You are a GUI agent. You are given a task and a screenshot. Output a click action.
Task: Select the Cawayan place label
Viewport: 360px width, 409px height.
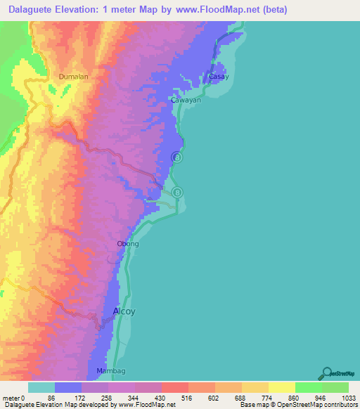pos(186,100)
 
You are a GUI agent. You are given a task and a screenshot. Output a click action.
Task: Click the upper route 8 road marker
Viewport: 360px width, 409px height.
pos(177,158)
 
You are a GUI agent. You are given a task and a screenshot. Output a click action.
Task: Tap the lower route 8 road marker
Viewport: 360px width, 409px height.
pos(177,192)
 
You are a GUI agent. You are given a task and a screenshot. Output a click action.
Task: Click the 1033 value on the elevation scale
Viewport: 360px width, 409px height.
pos(340,397)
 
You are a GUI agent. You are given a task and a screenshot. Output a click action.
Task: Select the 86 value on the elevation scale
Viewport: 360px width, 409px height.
pos(51,397)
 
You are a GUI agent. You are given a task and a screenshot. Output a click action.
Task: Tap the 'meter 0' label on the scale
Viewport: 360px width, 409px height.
pos(14,397)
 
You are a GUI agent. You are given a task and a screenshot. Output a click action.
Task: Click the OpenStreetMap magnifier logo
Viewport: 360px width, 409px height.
pos(327,372)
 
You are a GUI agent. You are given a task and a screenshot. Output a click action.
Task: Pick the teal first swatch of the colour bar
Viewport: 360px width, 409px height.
pos(41,387)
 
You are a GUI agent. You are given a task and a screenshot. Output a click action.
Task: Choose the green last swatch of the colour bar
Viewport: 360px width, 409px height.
pos(335,387)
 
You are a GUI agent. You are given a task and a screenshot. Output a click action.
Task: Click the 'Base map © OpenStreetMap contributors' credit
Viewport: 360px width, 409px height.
pos(297,405)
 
